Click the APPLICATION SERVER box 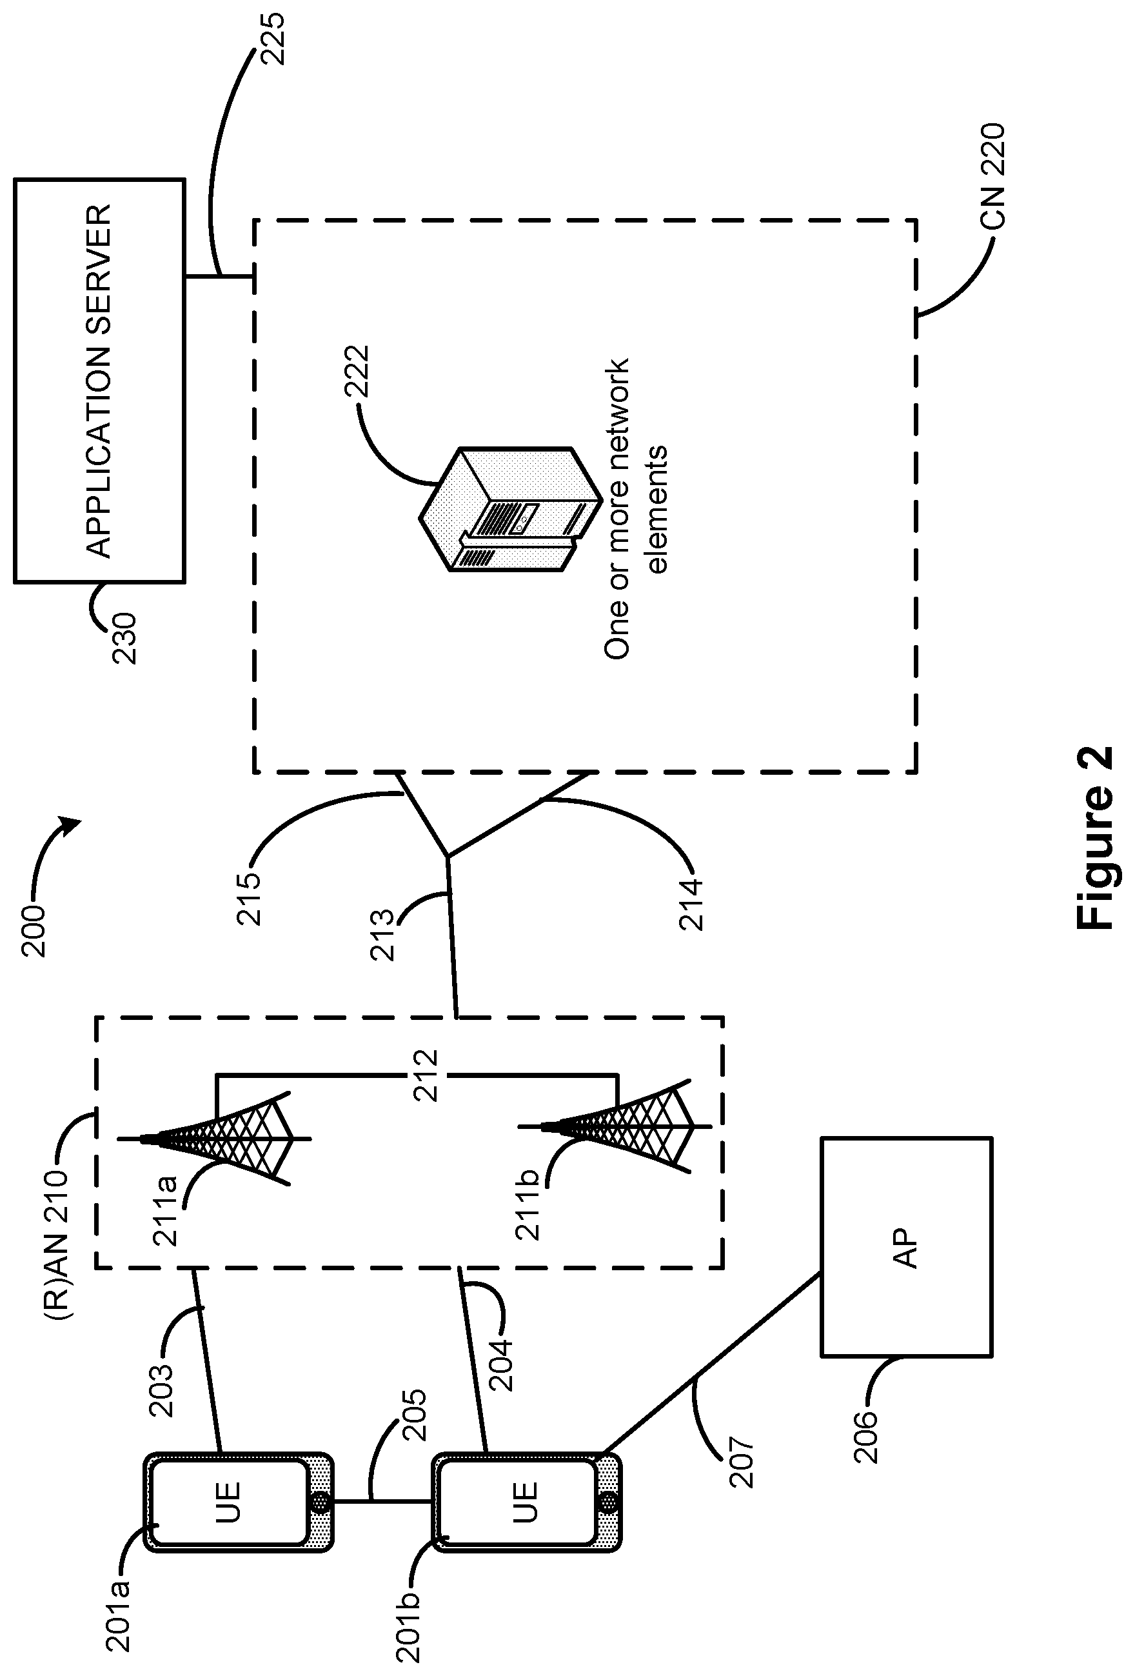point(99,380)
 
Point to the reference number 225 point(273,38)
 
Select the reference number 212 point(426,1075)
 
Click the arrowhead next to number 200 point(72,826)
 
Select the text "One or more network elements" point(635,508)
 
